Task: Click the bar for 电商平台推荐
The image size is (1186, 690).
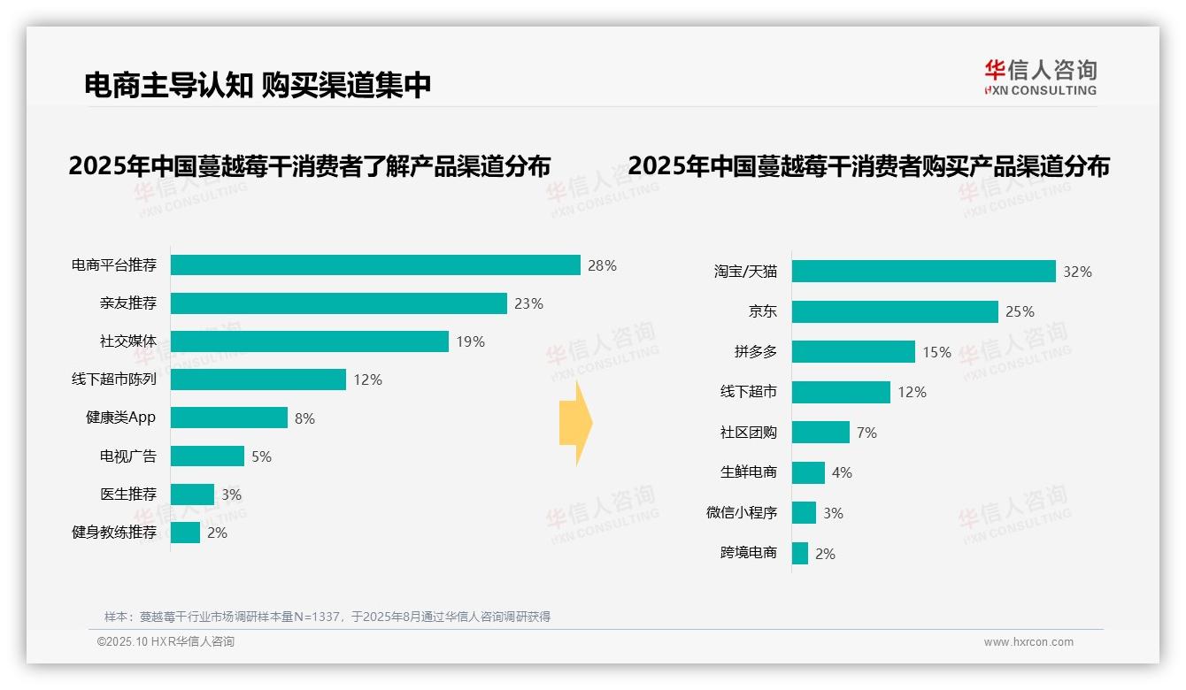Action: point(375,265)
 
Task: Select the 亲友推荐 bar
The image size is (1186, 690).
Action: point(338,303)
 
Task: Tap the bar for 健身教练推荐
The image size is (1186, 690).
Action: point(185,533)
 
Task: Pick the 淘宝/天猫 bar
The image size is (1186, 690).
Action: point(923,272)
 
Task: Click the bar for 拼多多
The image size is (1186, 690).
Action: point(853,352)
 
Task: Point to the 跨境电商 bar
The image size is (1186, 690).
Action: point(800,554)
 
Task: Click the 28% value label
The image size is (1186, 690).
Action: point(602,265)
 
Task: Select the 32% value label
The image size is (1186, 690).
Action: point(1077,272)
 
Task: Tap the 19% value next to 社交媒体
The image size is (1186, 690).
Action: point(470,341)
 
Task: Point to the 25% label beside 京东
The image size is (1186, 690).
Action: point(1020,311)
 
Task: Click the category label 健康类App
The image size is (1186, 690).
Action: point(120,418)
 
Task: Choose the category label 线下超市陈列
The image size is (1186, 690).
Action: point(114,379)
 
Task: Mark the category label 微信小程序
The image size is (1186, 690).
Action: point(742,513)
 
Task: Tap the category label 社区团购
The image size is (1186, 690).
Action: point(749,433)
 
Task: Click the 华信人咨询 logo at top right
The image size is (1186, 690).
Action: point(1040,78)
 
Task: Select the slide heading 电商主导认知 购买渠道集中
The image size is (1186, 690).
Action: point(258,85)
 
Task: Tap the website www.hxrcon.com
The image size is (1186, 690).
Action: point(1028,642)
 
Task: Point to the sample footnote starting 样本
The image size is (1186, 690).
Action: point(327,617)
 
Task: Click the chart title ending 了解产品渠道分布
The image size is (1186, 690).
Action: point(310,165)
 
